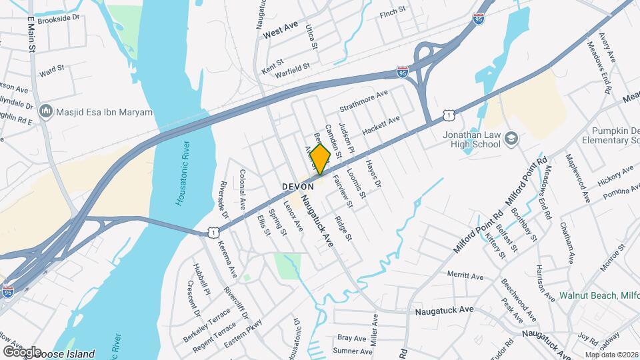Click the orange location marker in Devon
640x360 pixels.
click(320, 159)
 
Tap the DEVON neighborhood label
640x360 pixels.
click(297, 187)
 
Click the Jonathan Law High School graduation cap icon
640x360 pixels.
click(512, 138)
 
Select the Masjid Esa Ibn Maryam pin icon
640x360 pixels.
click(46, 111)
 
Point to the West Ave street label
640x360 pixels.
click(280, 29)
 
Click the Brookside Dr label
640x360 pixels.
click(58, 21)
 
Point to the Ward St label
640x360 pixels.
click(51, 69)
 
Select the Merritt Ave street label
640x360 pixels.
click(465, 275)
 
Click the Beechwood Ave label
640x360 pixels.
click(519, 300)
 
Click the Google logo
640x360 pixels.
click(21, 351)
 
